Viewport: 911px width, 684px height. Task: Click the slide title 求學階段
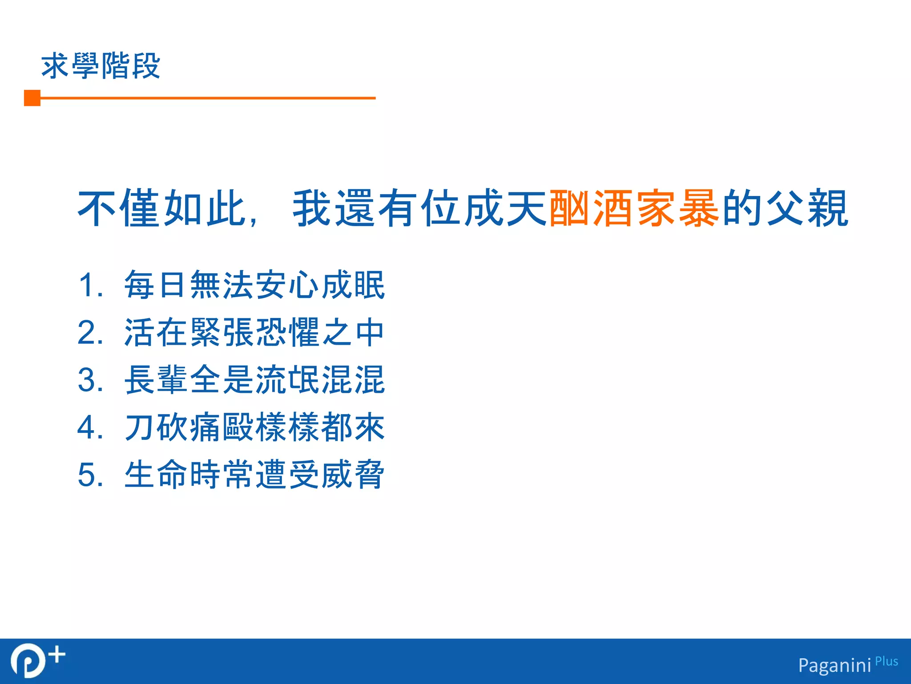(101, 66)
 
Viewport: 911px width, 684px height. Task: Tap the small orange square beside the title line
(32, 98)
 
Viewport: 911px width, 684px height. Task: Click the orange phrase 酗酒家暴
(634, 208)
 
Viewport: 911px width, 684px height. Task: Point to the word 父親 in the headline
(807, 208)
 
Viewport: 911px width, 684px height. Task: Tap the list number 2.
(90, 332)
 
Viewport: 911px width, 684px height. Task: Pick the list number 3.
(90, 380)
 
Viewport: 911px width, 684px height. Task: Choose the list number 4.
(90, 427)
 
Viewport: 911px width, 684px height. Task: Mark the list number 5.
(90, 475)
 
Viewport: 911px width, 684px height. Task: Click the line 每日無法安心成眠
(254, 285)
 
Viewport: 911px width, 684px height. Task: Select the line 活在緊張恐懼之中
(254, 332)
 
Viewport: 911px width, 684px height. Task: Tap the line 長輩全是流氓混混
(254, 380)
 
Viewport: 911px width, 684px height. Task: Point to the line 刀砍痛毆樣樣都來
(254, 427)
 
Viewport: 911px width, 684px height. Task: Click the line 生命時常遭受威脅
(254, 475)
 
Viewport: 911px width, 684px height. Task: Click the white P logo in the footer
(28, 661)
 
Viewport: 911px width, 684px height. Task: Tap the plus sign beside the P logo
(57, 655)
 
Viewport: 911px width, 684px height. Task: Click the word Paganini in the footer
(834, 665)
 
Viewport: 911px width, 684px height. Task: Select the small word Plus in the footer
(886, 661)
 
